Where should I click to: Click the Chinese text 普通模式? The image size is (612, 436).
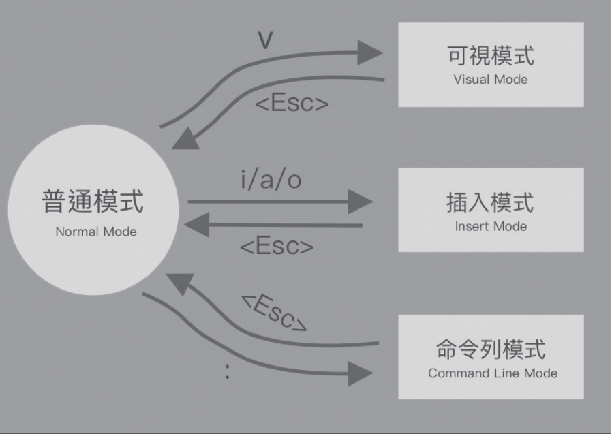click(94, 202)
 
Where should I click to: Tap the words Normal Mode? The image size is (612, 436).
click(96, 232)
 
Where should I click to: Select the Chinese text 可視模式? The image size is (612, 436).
click(491, 56)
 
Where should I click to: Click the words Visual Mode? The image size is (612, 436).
click(491, 79)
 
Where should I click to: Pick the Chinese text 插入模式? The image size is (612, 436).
click(491, 202)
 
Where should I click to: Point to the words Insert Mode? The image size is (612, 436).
click(491, 226)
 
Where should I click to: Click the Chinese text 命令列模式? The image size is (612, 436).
click(491, 349)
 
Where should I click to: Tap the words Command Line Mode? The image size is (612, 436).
click(493, 373)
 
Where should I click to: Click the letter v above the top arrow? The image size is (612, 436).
click(265, 41)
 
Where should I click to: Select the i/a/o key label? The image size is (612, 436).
click(271, 181)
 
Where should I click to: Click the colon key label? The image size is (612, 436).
click(227, 372)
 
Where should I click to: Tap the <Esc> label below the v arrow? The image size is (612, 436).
click(292, 104)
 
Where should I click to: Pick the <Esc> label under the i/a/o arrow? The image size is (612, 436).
click(277, 246)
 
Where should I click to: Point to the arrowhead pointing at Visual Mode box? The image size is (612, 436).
click(369, 52)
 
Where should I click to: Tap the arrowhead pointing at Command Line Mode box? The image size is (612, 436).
click(361, 373)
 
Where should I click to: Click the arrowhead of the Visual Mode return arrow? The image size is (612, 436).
click(185, 140)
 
